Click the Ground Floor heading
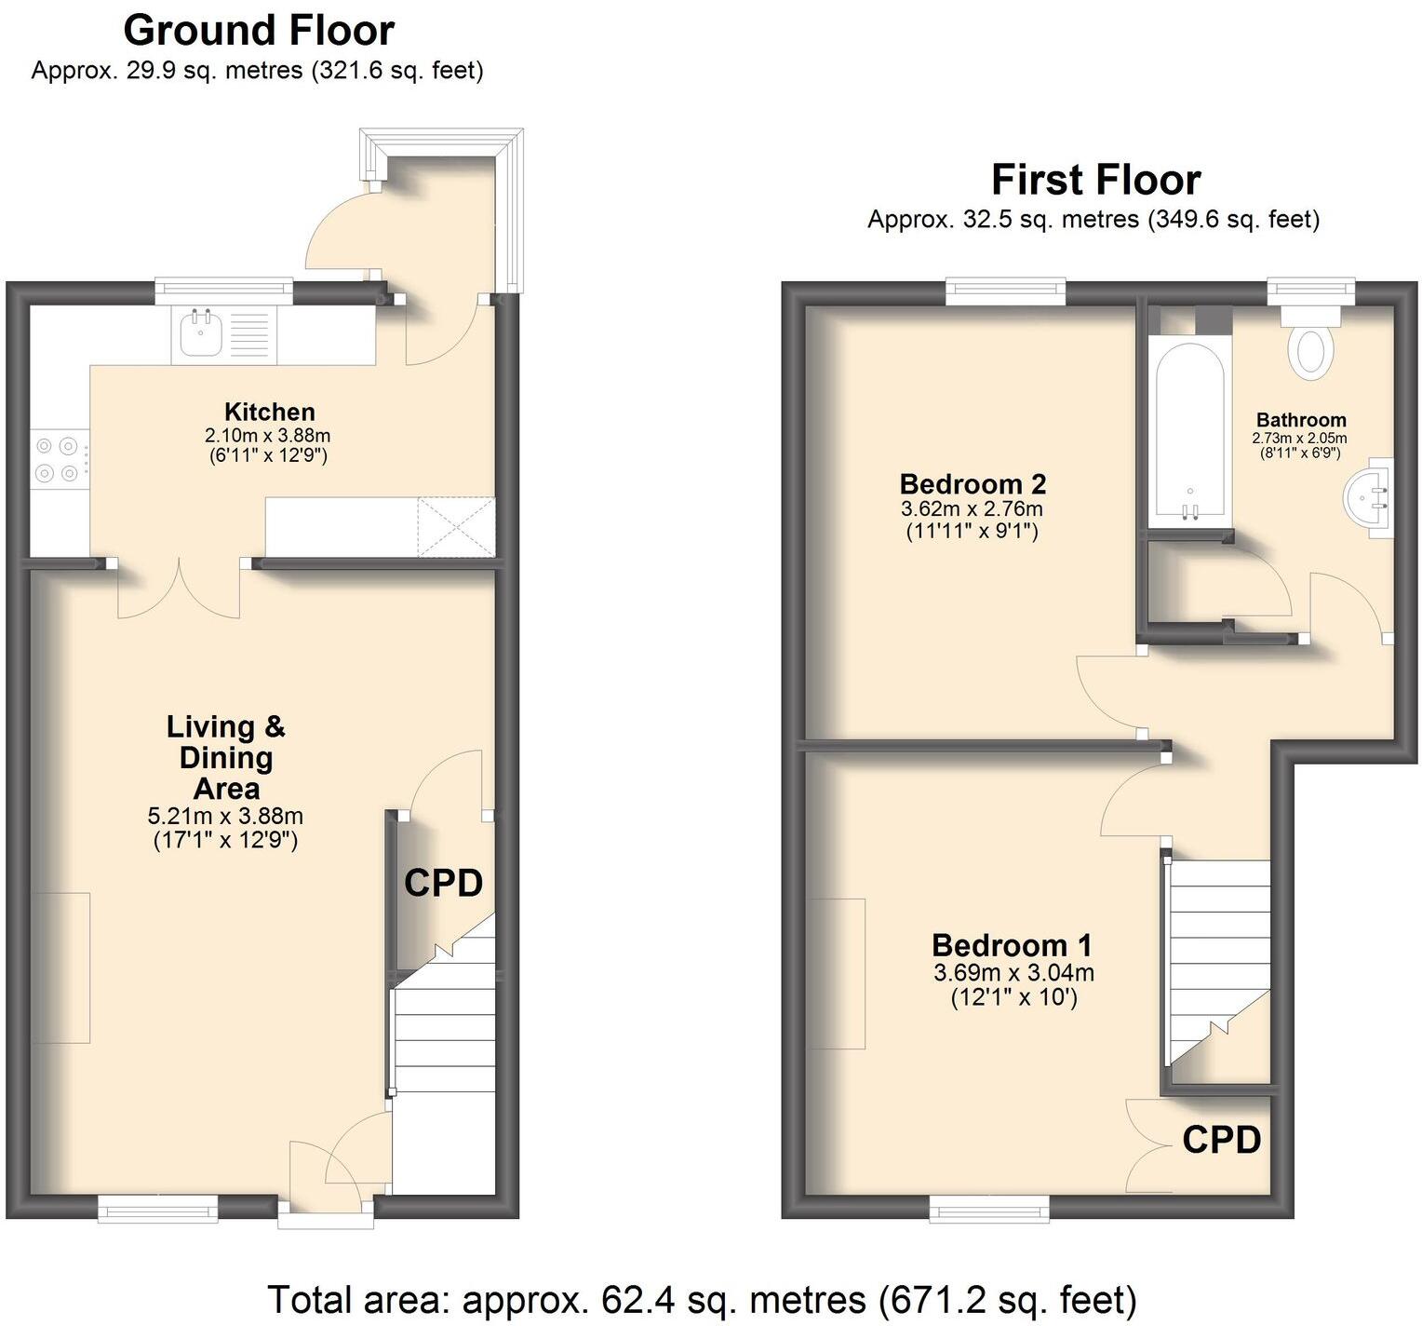click(258, 31)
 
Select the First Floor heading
click(1095, 180)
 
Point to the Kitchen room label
click(269, 412)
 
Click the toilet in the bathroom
click(1310, 351)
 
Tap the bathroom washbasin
click(1368, 497)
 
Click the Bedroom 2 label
click(973, 484)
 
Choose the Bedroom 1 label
click(1012, 945)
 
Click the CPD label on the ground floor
click(443, 883)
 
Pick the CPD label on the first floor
click(1221, 1139)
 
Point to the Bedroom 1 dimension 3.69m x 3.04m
click(1013, 973)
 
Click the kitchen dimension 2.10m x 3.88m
click(268, 436)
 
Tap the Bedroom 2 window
click(1006, 291)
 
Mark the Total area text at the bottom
click(702, 1298)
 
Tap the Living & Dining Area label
click(226, 757)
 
